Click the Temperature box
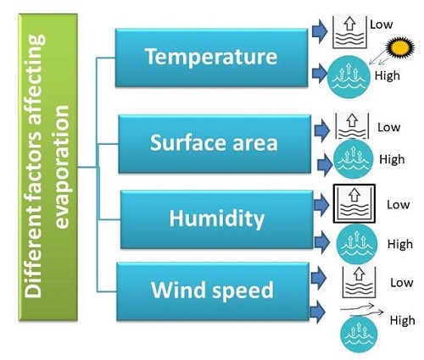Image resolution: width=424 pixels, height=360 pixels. coord(211,58)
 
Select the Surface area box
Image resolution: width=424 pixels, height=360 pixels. coord(215,143)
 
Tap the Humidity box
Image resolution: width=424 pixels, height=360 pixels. coord(216,219)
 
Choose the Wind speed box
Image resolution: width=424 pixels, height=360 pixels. coord(213,291)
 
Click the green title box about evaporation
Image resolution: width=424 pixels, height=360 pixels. coord(47,167)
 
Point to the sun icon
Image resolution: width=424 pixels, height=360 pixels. coord(400,47)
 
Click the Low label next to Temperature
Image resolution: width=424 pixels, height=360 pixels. coord(382,25)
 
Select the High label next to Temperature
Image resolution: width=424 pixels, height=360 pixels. coord(388,75)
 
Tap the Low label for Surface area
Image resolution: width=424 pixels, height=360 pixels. coord(389,127)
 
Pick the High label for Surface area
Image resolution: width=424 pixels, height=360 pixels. coord(392,159)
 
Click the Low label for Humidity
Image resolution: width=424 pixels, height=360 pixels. coord(399,205)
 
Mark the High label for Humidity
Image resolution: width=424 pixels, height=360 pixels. coord(400,244)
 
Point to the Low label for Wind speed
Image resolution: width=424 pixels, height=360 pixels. coord(402,283)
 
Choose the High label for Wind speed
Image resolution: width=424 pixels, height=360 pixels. coord(403,320)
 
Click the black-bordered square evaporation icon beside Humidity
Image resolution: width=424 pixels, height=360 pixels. coord(354,203)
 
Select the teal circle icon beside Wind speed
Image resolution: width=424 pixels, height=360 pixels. coord(359,335)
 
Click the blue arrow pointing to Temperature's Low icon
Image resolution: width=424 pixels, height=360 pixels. coord(320,31)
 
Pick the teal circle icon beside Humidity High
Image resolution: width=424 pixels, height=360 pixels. coord(357,244)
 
